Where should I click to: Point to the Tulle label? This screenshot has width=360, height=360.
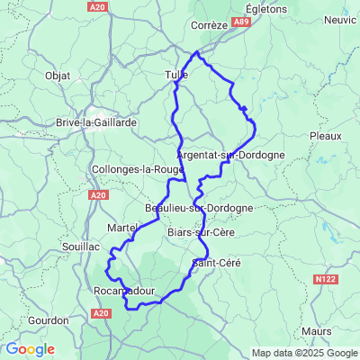click(176, 76)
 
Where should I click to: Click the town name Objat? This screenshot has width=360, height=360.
click(58, 76)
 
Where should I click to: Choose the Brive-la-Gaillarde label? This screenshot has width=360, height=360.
click(95, 121)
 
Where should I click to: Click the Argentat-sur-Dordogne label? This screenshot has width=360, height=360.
click(231, 155)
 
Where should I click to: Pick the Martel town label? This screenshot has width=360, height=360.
click(121, 228)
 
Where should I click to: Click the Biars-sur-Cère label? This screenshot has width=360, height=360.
click(202, 232)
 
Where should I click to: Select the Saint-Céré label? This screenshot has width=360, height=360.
click(217, 262)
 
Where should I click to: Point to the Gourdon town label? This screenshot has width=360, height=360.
click(48, 319)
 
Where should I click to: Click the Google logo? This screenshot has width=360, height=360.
click(30, 349)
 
